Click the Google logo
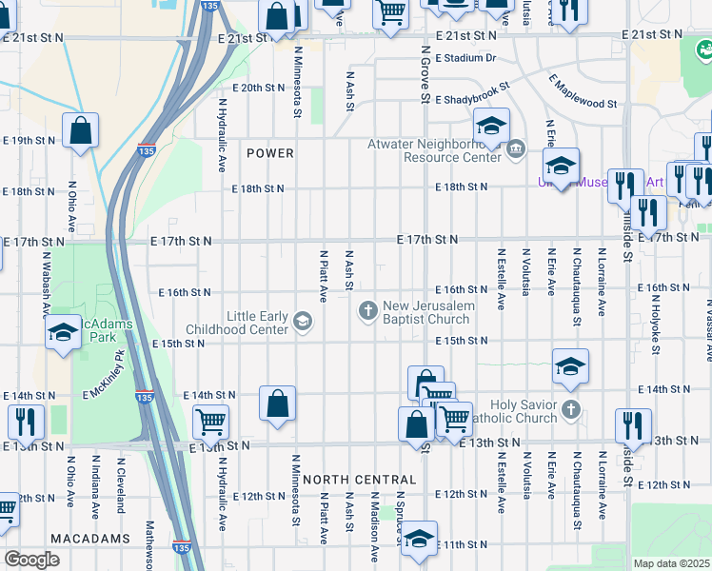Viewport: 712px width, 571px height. pyautogui.click(x=32, y=560)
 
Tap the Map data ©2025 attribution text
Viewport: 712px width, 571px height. pyautogui.click(x=672, y=563)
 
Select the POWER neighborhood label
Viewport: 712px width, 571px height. pyautogui.click(x=270, y=153)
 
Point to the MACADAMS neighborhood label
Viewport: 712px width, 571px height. pyautogui.click(x=91, y=539)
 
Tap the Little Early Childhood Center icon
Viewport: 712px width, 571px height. pyautogui.click(x=303, y=321)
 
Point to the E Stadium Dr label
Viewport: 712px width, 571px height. pyautogui.click(x=466, y=58)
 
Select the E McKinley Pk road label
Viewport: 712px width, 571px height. pyautogui.click(x=104, y=375)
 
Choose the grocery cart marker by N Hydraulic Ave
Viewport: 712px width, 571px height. pyautogui.click(x=209, y=421)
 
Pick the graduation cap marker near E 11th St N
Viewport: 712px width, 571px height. pyautogui.click(x=419, y=539)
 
